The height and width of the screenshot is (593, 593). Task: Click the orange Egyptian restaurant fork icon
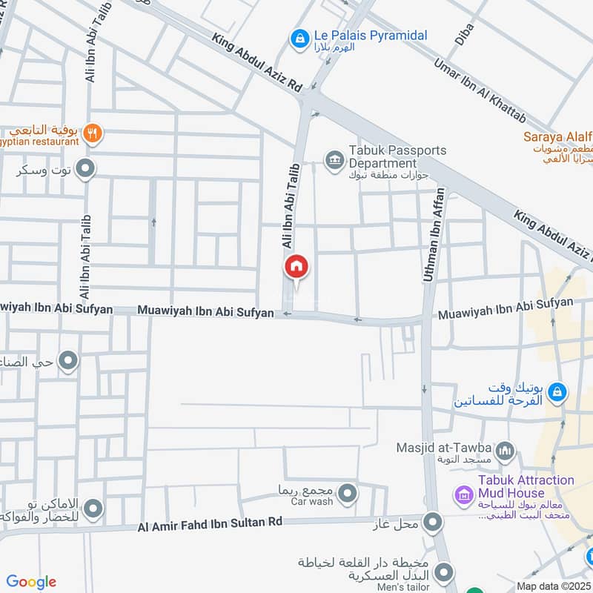93,134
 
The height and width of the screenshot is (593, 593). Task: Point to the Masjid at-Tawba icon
506,450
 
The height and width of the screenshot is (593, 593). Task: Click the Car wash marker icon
347,491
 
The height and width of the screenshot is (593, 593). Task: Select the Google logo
31,581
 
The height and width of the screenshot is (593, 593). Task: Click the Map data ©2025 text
554,586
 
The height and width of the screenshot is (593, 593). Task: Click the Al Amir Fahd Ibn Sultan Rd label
211,526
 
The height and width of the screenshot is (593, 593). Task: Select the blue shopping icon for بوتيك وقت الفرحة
558,392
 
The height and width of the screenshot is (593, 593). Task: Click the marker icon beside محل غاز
433,523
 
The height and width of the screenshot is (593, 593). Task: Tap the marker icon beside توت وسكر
86,170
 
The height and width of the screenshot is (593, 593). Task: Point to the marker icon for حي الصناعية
68,362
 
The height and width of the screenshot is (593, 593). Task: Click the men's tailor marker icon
444,572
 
